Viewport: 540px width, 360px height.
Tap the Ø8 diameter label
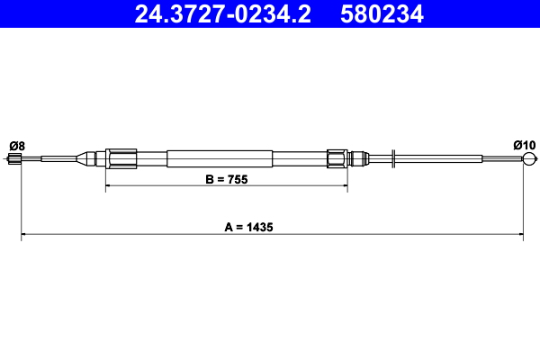tap(16, 145)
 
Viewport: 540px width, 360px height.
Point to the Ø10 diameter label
tap(524, 145)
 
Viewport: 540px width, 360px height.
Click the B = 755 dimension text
tap(226, 179)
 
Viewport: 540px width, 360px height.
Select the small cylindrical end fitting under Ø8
tap(14, 160)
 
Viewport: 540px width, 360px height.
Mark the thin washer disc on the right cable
tap(394, 160)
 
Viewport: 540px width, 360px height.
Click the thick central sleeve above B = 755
tap(220, 159)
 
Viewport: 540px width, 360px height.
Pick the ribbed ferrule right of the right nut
tap(358, 159)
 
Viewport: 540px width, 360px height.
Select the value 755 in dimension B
tap(237, 179)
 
